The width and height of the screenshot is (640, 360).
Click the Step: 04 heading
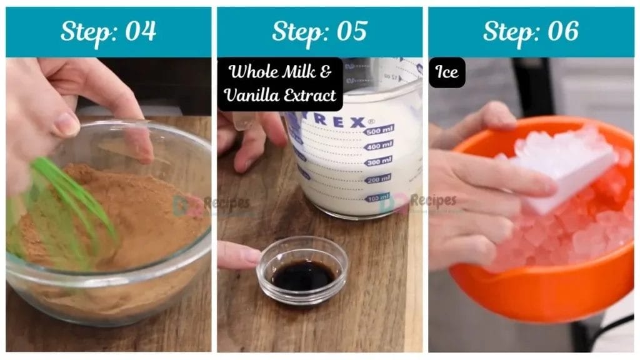[108, 31]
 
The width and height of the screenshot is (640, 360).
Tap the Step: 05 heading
[319, 31]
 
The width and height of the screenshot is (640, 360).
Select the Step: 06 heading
[531, 31]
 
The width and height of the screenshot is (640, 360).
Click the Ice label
[447, 72]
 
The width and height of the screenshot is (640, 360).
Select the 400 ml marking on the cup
[379, 145]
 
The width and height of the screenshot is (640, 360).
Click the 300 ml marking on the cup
[378, 161]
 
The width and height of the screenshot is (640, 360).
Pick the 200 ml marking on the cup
[377, 179]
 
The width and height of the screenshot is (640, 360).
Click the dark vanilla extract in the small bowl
[302, 276]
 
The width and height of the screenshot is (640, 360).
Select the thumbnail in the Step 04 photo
[67, 123]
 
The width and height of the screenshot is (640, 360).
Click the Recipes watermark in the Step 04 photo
[219, 203]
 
